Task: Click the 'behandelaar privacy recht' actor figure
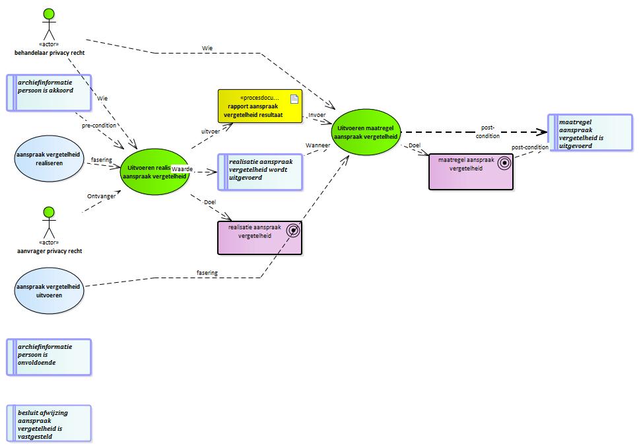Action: pyautogui.click(x=48, y=26)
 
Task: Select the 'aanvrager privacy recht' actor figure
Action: pyautogui.click(x=48, y=225)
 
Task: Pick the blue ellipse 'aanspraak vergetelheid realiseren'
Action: pyautogui.click(x=50, y=158)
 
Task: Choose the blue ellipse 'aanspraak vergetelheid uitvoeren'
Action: pyautogui.click(x=50, y=291)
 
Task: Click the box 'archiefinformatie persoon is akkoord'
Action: pyautogui.click(x=49, y=93)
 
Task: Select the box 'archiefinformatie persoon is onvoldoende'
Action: pyautogui.click(x=49, y=357)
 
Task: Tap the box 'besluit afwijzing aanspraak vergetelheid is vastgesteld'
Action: pyautogui.click(x=49, y=423)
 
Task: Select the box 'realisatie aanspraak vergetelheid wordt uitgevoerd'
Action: pyautogui.click(x=260, y=172)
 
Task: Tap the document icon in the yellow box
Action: pyautogui.click(x=294, y=98)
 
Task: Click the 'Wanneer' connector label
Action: pyautogui.click(x=317, y=145)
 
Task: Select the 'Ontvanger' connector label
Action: pyautogui.click(x=101, y=196)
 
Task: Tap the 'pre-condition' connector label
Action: pyautogui.click(x=99, y=125)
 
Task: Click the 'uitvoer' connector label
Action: pyautogui.click(x=210, y=131)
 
